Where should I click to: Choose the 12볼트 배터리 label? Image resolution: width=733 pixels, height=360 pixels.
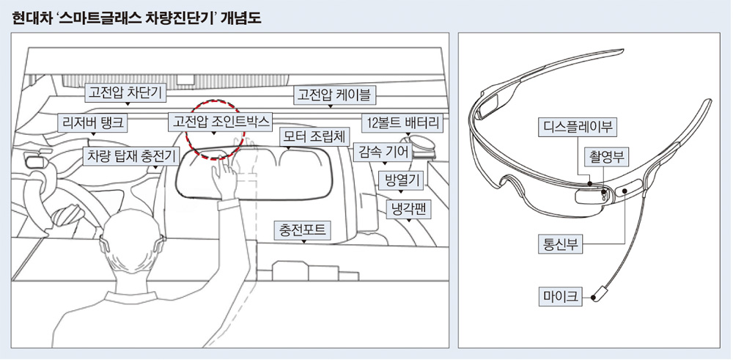coord(402,123)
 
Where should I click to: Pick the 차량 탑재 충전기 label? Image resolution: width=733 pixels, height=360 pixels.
coord(130,156)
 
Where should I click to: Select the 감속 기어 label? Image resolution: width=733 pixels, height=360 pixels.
coord(383,152)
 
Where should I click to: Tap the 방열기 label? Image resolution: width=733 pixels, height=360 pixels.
coord(401,180)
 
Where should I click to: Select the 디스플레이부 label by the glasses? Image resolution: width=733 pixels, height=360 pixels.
coord(578,127)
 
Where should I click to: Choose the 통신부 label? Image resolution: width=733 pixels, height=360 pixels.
coord(560,244)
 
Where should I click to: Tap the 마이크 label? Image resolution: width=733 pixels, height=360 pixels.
coord(560,296)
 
